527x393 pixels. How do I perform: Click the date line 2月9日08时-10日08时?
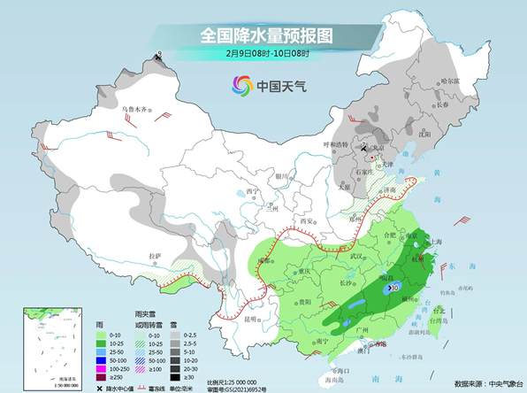point(266,55)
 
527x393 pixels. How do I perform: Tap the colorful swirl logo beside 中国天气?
point(241,86)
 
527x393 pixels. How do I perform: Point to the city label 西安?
point(308,221)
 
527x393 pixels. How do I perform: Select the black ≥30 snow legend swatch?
point(177,378)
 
